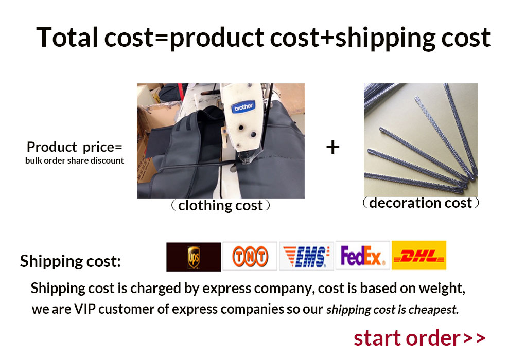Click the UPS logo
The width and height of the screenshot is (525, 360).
pyautogui.click(x=194, y=257)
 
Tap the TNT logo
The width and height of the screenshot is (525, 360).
pyautogui.click(x=250, y=256)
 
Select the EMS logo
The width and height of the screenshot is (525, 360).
pyautogui.click(x=306, y=256)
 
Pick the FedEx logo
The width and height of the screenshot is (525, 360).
pyautogui.click(x=363, y=255)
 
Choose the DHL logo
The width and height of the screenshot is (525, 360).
pyautogui.click(x=419, y=255)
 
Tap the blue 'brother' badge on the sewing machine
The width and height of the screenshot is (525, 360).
pyautogui.click(x=243, y=107)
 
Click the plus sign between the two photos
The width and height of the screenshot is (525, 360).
pyautogui.click(x=333, y=147)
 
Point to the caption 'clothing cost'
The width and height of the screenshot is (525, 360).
pyautogui.click(x=220, y=205)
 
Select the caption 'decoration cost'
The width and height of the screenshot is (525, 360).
pyautogui.click(x=421, y=203)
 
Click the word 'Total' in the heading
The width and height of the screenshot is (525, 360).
pyautogui.click(x=67, y=37)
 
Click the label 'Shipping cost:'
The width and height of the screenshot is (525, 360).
pyautogui.click(x=71, y=261)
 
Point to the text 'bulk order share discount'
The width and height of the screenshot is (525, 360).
pyautogui.click(x=74, y=160)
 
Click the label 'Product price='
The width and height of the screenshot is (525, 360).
pyautogui.click(x=74, y=147)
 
